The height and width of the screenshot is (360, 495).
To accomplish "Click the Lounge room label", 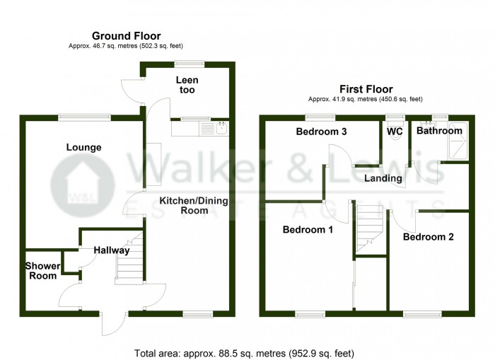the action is coord(83,148).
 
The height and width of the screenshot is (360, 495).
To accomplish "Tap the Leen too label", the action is coord(187,85).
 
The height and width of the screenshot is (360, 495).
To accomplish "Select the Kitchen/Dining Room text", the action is coord(194,206).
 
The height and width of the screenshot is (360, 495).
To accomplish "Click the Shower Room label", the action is coord(42,271).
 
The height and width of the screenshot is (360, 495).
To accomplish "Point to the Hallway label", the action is coord(112,250).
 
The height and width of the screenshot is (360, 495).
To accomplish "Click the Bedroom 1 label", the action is coord(308,230).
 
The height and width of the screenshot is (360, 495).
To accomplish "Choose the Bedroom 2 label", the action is coord(428,237).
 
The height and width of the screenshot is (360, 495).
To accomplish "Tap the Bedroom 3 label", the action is coord(321,132).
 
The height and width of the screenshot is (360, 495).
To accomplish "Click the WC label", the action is coord(395,131).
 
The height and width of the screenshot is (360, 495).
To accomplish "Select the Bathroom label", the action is coord(439,130).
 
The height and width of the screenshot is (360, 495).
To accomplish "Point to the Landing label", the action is coord(383,178).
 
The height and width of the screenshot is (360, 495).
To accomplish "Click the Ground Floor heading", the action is coord(127,35).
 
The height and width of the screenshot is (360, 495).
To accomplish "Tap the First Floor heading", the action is coord(366,89).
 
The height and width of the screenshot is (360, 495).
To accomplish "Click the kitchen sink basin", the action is coord(221,128).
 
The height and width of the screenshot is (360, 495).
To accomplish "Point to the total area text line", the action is coord(244,353).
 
